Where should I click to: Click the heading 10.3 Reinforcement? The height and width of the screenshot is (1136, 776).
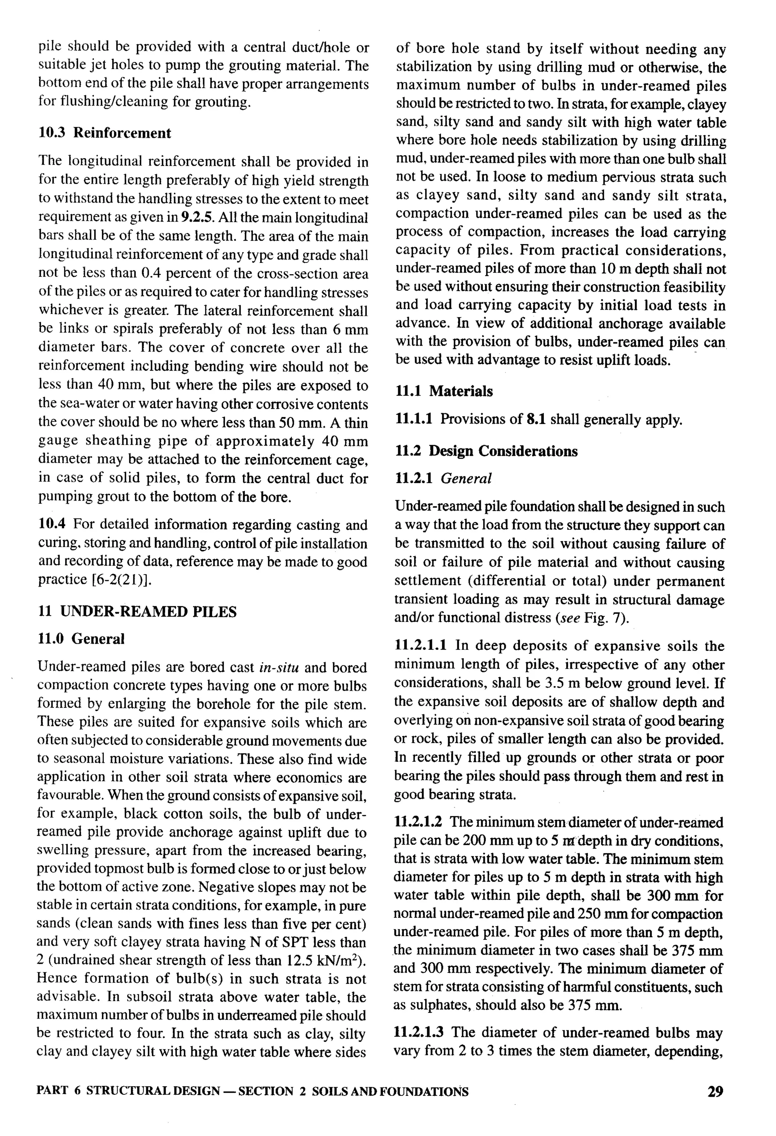105,133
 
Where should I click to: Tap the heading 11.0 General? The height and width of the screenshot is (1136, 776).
81,638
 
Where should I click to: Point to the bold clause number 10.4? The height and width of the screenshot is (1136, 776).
52,524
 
